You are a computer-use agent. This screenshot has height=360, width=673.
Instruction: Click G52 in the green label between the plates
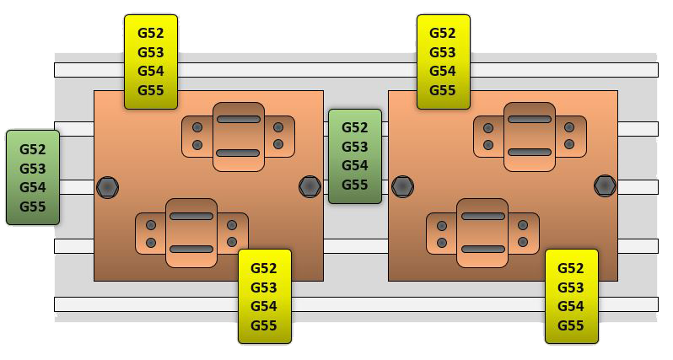click(x=354, y=127)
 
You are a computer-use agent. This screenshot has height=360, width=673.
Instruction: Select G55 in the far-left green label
click(x=32, y=207)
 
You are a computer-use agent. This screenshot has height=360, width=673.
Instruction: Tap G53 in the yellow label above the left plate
click(x=150, y=52)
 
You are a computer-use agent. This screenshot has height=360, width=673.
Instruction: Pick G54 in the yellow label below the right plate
click(x=570, y=306)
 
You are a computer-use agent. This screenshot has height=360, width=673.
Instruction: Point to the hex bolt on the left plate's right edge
click(x=310, y=185)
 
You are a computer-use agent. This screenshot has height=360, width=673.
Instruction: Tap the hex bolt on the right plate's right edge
click(x=605, y=185)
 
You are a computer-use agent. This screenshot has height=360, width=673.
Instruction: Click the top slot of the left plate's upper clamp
click(x=238, y=119)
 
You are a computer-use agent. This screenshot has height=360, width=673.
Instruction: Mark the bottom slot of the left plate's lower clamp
click(x=191, y=250)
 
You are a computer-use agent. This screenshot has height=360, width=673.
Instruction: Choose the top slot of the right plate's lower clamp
click(x=482, y=217)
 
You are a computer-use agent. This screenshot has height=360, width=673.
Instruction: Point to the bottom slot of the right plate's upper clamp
click(x=529, y=153)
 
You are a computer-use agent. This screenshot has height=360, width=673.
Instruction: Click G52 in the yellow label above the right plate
click(x=443, y=33)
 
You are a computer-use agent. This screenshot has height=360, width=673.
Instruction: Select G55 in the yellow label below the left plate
click(x=264, y=325)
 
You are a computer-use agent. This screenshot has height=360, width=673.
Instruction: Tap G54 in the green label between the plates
click(x=354, y=165)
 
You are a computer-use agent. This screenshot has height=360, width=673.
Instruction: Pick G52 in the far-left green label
click(x=32, y=149)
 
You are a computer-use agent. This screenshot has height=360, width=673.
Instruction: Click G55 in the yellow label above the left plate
click(x=150, y=90)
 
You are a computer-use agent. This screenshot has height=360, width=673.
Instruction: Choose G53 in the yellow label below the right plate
click(x=570, y=287)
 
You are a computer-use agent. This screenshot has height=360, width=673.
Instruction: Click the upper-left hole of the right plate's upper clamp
click(x=488, y=127)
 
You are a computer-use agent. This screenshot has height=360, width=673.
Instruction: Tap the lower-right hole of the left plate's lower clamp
click(x=232, y=243)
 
